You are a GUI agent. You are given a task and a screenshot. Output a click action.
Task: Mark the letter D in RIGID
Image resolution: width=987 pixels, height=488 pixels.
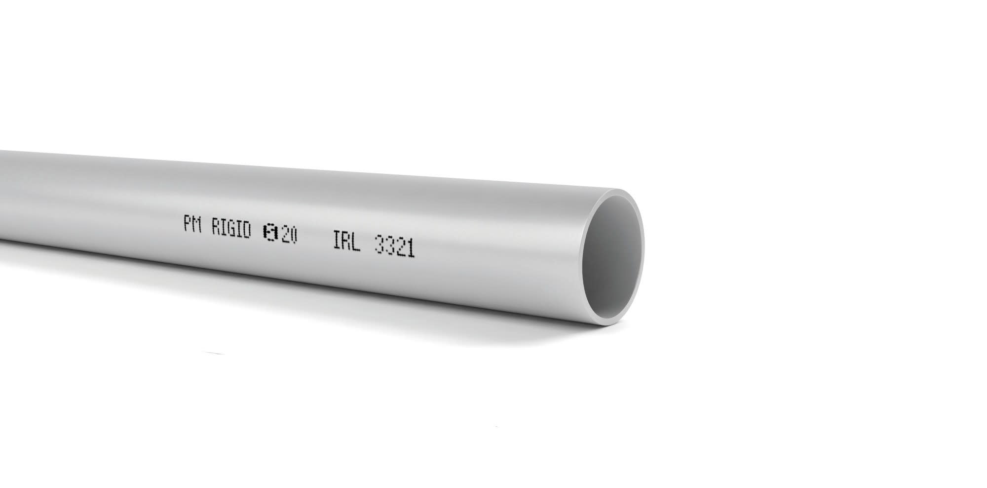click(246, 231)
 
